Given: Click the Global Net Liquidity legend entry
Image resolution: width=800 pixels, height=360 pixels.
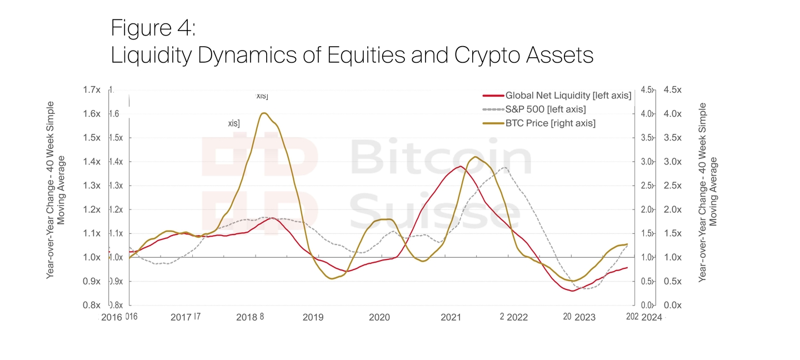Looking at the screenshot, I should point(568,96).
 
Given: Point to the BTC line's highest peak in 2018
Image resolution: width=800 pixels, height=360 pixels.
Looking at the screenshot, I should point(264,113).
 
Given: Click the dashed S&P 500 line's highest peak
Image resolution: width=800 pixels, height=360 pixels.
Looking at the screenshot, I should point(504,167).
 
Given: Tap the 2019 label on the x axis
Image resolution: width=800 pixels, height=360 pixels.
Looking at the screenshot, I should point(313,317).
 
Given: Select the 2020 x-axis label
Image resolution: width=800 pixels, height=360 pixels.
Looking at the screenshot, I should point(379,317).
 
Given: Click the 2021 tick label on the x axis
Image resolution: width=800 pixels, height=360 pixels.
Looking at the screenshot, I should point(451,317).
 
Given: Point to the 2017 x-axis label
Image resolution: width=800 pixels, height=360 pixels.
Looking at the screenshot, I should point(181,317).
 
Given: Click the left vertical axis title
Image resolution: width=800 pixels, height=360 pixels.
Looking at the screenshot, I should point(56,189).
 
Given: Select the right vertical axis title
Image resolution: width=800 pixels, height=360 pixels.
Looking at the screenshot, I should point(708,192).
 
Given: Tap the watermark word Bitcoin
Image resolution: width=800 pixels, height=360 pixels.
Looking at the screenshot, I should point(440,159).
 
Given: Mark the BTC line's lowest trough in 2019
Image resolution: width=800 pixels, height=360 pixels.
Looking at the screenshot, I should point(332,278).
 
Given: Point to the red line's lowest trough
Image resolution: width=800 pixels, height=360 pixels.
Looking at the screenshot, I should point(572,291).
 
